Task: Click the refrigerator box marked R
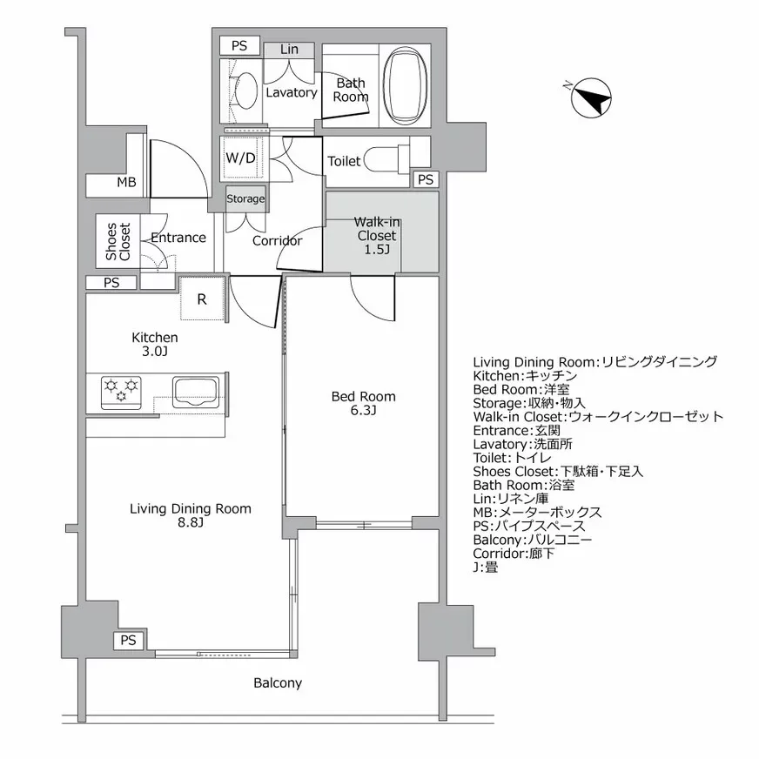[202, 299]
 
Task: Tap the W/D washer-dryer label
[241, 158]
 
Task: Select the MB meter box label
[127, 183]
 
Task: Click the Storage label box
[245, 198]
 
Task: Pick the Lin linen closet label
[290, 50]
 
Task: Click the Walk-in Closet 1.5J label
[376, 236]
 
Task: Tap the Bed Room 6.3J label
[363, 403]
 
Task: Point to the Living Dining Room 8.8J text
[190, 515]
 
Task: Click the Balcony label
[278, 683]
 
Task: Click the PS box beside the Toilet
[425, 179]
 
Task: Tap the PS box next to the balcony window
[129, 641]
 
